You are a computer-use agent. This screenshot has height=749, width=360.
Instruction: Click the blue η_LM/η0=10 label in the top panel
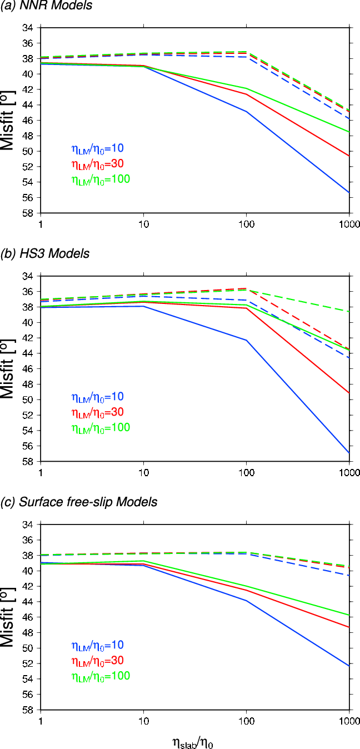[97, 148]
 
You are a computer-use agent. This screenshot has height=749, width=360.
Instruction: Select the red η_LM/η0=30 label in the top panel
[97, 164]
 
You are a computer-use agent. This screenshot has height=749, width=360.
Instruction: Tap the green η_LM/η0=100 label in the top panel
[101, 179]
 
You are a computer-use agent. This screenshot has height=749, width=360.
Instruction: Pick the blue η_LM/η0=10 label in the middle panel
[97, 397]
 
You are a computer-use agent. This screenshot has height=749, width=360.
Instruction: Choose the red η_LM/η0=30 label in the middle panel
[97, 412]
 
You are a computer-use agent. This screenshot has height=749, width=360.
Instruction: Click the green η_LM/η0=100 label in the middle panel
[101, 428]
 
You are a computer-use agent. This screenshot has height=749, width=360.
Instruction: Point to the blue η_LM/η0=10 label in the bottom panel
[97, 645]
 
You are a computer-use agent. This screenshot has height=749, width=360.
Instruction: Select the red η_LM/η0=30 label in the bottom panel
[97, 661]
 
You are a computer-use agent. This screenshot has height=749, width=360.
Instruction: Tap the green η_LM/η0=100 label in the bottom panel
[101, 676]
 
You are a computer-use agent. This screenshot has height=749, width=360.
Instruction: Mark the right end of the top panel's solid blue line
[348, 192]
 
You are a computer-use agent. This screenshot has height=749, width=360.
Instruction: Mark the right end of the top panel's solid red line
[348, 156]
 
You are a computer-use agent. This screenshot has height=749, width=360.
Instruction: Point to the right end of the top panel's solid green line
[348, 132]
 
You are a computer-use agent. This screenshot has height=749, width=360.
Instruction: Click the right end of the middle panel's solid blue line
[348, 452]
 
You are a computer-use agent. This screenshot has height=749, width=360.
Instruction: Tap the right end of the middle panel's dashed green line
[348, 311]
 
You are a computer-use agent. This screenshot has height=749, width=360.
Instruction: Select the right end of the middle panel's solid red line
[348, 393]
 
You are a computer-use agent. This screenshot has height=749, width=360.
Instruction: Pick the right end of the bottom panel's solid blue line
[348, 665]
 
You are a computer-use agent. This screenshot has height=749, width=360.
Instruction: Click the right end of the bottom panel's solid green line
[348, 615]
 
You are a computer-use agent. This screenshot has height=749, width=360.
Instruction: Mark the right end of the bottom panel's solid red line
[348, 627]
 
